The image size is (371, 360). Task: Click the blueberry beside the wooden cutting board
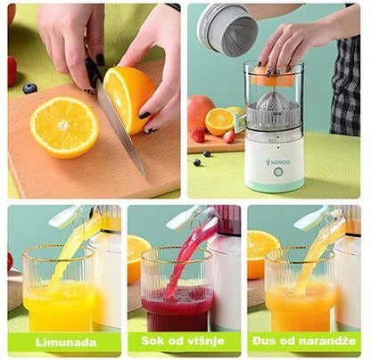pyautogui.click(x=29, y=88)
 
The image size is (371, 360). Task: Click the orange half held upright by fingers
pyautogui.click(x=129, y=99)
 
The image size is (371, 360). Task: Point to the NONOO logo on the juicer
pyautogui.click(x=278, y=162)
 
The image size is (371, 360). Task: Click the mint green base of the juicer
pyautogui.click(x=274, y=186)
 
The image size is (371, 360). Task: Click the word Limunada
pyautogui.click(x=66, y=342)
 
